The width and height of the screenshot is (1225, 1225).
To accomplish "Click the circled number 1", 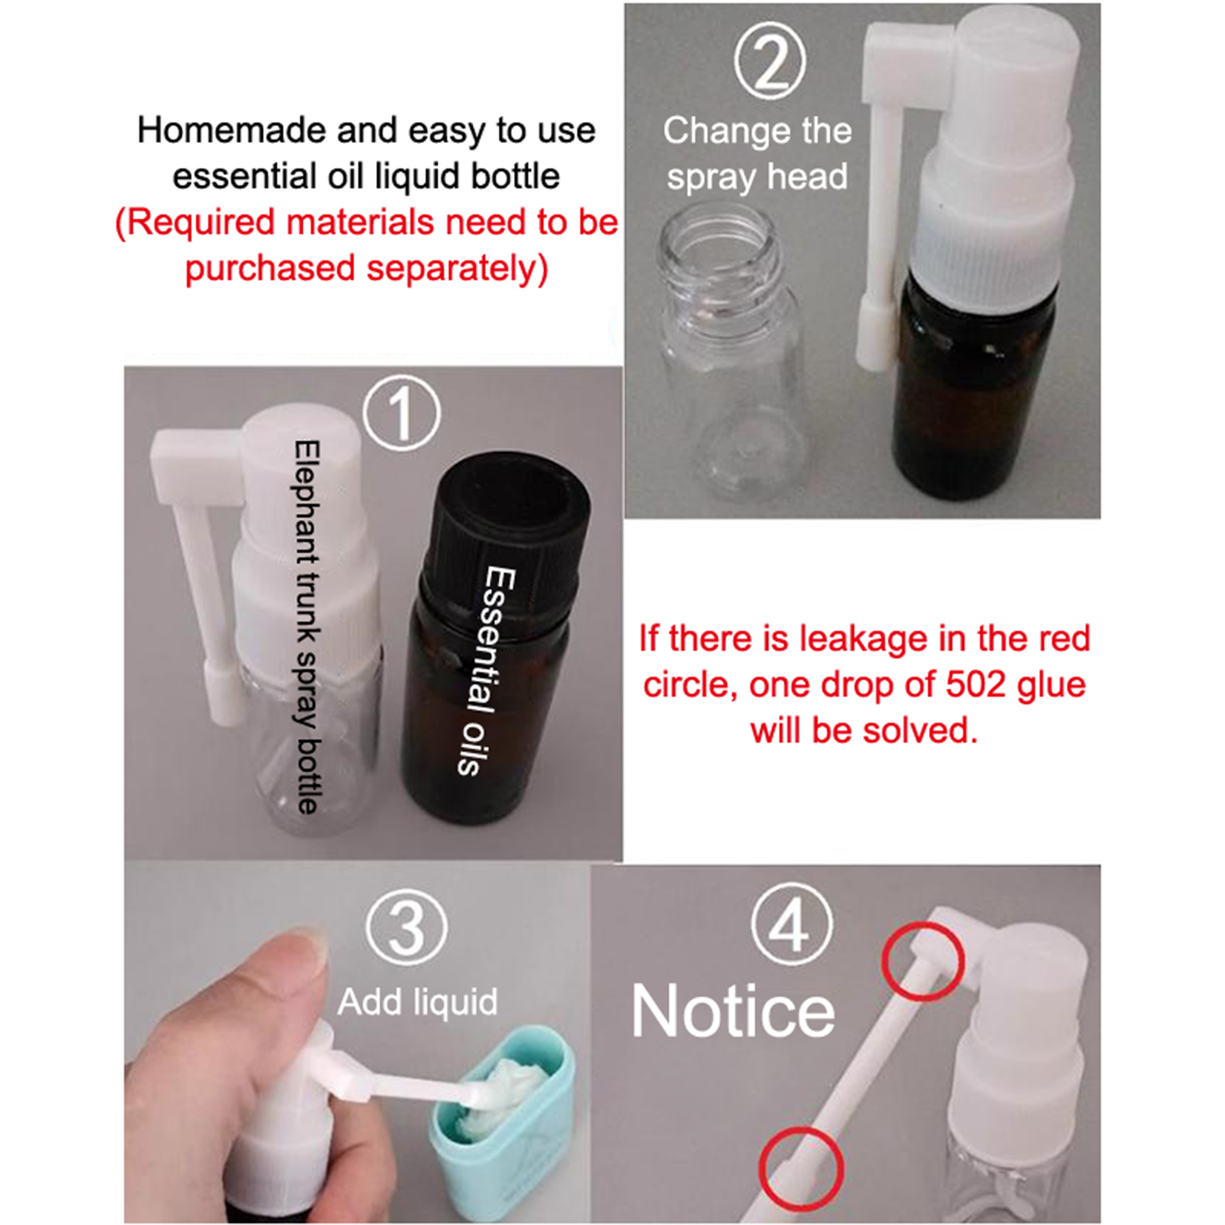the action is coord(401,413).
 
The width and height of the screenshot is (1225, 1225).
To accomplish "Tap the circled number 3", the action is coord(407,929).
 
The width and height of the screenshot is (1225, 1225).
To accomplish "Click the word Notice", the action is coord(733,1011).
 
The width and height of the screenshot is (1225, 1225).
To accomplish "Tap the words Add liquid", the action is coord(417,1001).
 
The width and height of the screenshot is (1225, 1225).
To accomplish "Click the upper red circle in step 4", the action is coord(923,962).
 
